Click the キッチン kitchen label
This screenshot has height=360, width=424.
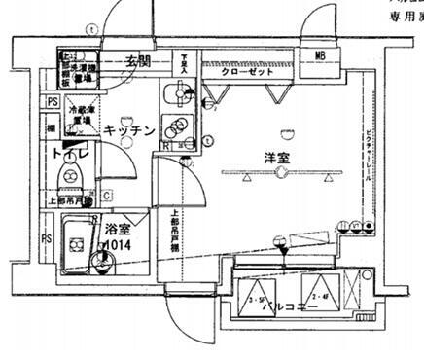(x=131, y=131)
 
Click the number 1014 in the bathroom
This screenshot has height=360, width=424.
(x=118, y=244)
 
